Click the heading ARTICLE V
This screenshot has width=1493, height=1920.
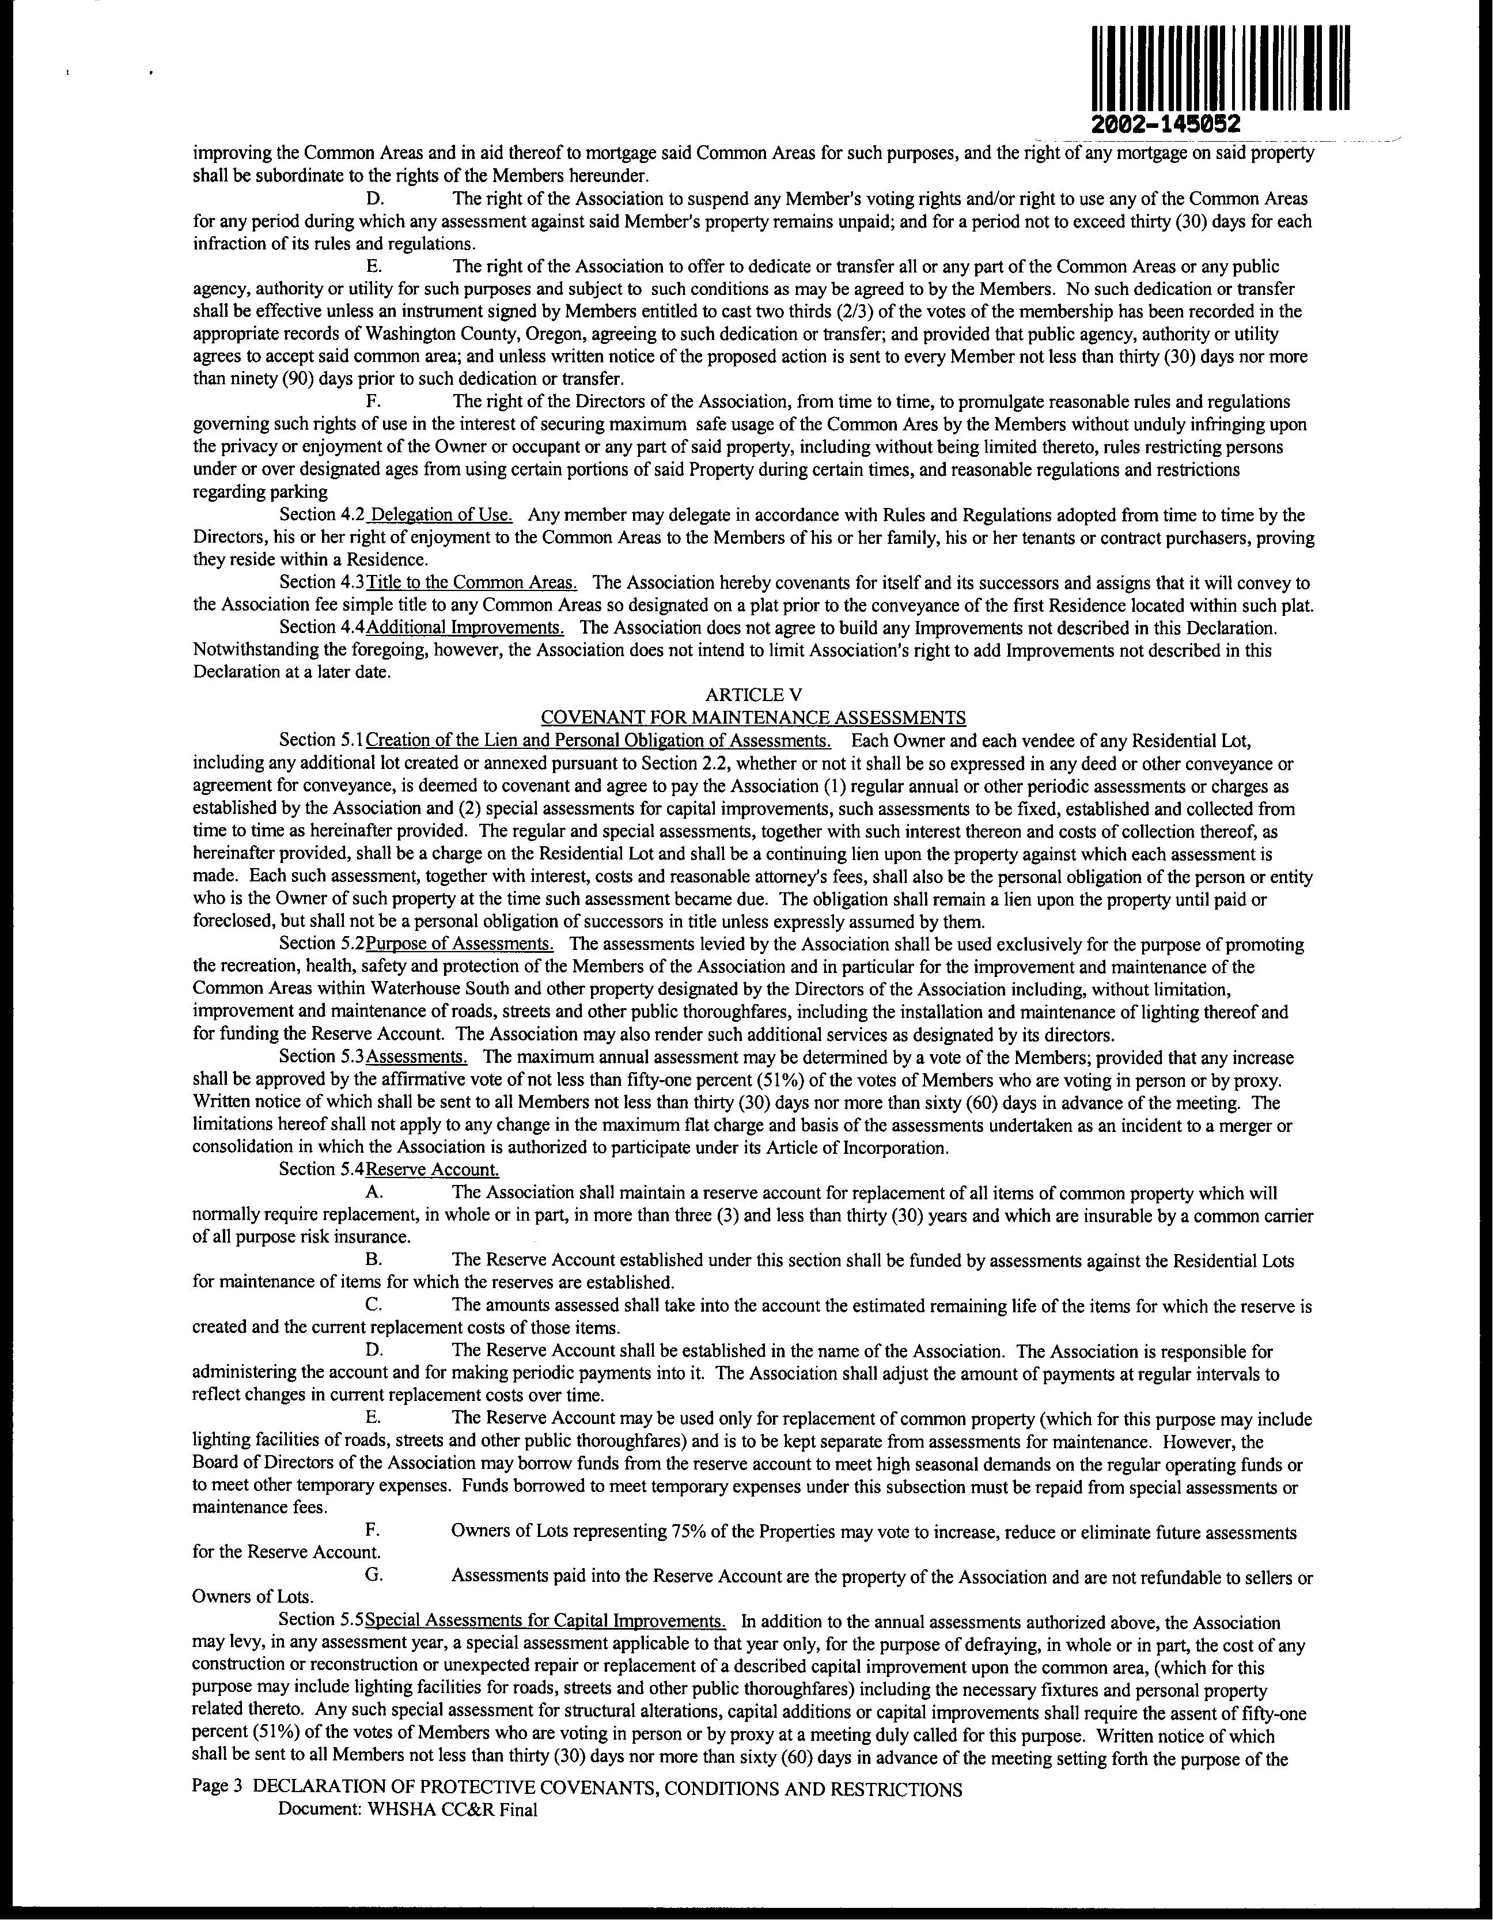click(753, 695)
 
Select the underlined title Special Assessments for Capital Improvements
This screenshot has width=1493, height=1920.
click(545, 1621)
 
